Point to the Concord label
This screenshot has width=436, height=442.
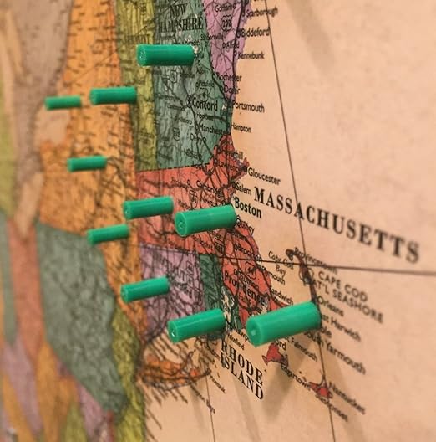[x=205, y=105]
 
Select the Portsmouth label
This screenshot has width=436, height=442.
[x=248, y=107]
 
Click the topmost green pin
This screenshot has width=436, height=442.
[x=165, y=55]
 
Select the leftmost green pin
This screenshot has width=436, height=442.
[x=63, y=103]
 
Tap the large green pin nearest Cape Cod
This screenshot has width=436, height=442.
[x=283, y=323]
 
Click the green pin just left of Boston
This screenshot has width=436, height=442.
[x=205, y=220]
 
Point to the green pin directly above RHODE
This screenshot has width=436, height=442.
[x=196, y=325]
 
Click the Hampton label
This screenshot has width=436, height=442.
[x=241, y=128]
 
